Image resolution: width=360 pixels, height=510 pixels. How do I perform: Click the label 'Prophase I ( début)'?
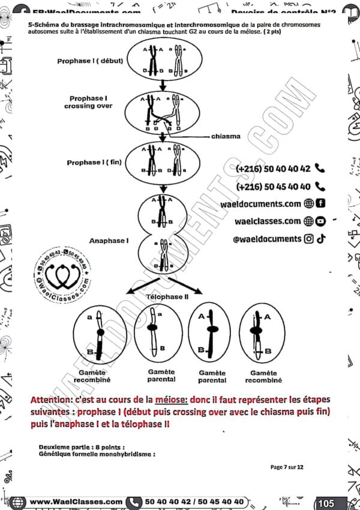[88, 61]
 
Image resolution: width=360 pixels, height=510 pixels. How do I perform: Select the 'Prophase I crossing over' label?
[88, 102]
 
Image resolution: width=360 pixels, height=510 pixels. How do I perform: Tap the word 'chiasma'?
[226, 136]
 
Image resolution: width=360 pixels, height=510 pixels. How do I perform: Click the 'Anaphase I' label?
[109, 241]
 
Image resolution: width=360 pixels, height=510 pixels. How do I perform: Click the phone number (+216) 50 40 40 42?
[274, 169]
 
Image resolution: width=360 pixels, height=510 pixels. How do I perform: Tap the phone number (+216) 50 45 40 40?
[274, 187]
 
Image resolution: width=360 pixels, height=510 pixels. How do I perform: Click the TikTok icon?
[322, 239]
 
